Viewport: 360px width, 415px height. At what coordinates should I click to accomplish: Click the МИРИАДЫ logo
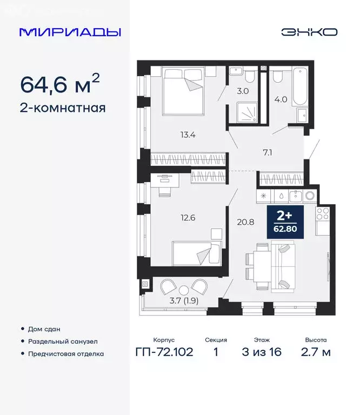(x=70, y=32)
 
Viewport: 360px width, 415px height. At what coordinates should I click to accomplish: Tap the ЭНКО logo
(x=309, y=32)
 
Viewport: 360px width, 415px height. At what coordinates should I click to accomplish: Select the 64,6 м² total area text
(x=59, y=84)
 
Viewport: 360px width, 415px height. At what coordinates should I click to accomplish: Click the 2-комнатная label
(x=63, y=108)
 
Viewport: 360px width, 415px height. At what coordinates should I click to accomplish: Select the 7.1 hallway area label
(x=267, y=152)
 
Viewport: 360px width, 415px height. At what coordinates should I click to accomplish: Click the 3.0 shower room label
(x=243, y=91)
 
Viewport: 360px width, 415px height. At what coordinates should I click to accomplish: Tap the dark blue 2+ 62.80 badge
(x=284, y=222)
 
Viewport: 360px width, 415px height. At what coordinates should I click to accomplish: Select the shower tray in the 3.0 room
(x=244, y=113)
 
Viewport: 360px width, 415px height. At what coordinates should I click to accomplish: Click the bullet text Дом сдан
(x=45, y=329)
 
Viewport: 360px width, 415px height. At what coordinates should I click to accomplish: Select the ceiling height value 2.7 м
(x=315, y=353)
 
